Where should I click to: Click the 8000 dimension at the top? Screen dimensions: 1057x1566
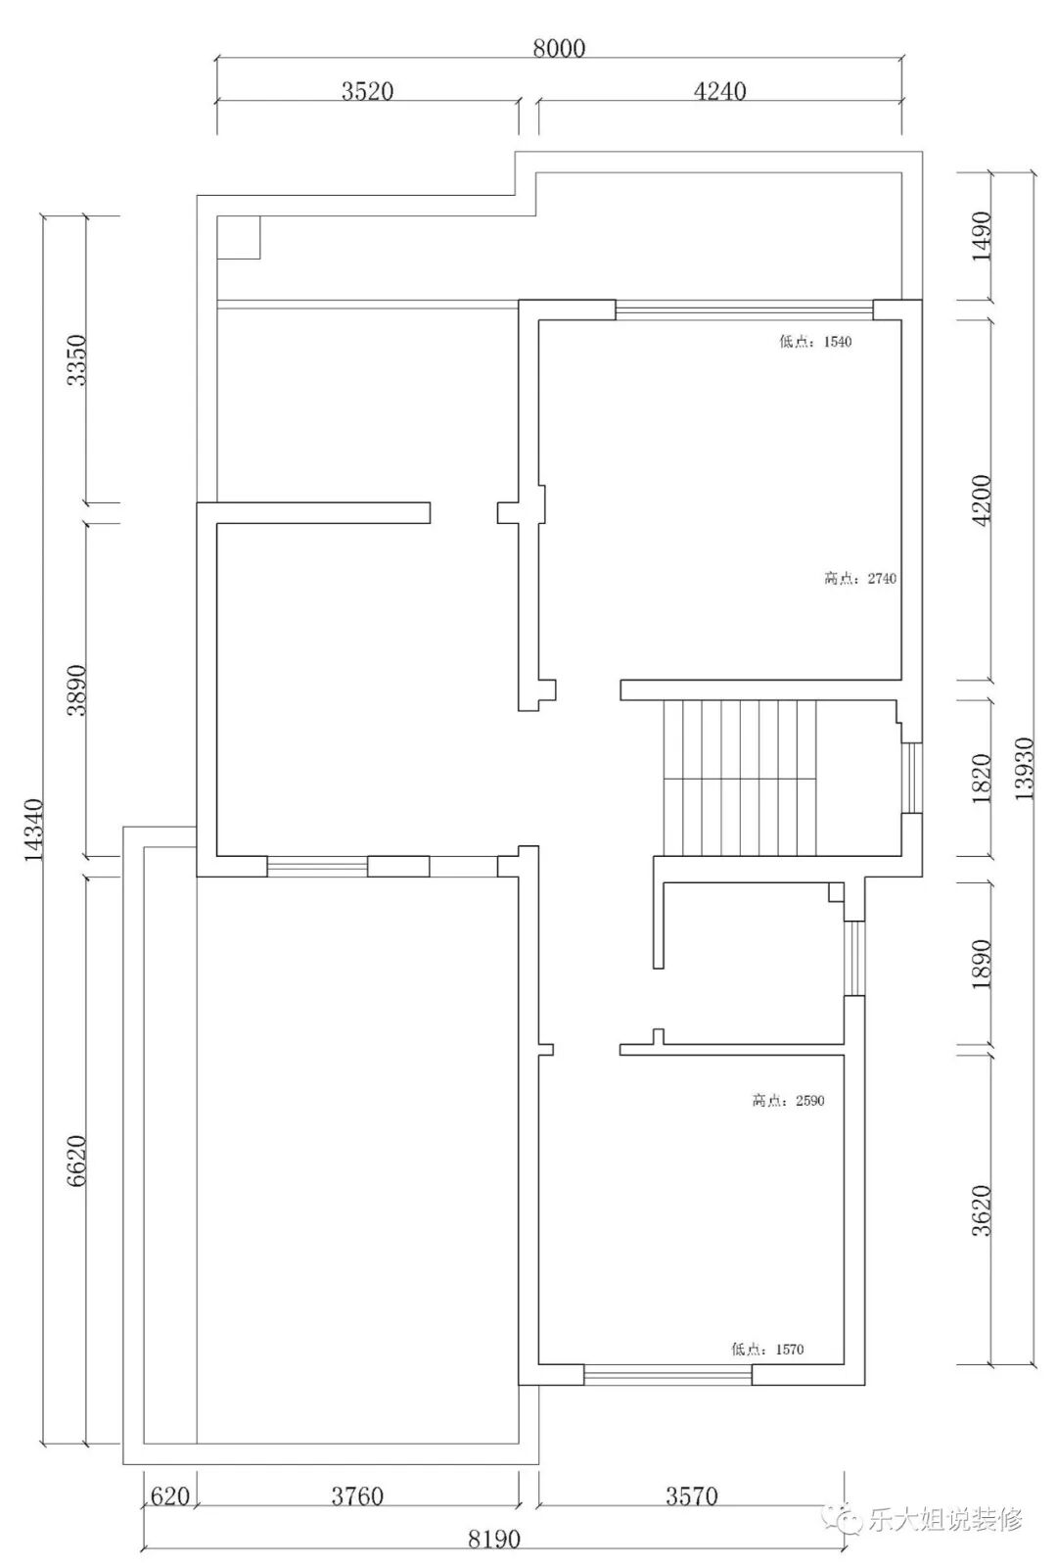(x=559, y=48)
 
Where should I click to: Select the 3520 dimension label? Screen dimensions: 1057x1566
(x=367, y=91)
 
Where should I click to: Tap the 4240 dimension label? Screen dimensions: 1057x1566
(x=719, y=91)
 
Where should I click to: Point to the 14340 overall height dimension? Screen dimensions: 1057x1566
(x=34, y=830)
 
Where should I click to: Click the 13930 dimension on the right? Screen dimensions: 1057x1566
(x=1024, y=769)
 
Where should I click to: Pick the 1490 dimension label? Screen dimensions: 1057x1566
(x=982, y=236)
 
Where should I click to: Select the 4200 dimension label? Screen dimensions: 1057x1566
(x=982, y=500)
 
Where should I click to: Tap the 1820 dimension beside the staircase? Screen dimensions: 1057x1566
(x=982, y=779)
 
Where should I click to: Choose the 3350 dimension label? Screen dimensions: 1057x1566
(x=76, y=360)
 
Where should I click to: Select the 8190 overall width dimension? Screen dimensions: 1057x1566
(x=494, y=1539)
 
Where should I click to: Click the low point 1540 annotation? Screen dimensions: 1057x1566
(x=815, y=342)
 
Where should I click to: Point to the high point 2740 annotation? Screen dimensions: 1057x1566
(x=860, y=578)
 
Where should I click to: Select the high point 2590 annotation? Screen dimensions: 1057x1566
(x=788, y=1101)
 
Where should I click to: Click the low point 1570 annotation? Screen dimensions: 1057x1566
(x=767, y=1350)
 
